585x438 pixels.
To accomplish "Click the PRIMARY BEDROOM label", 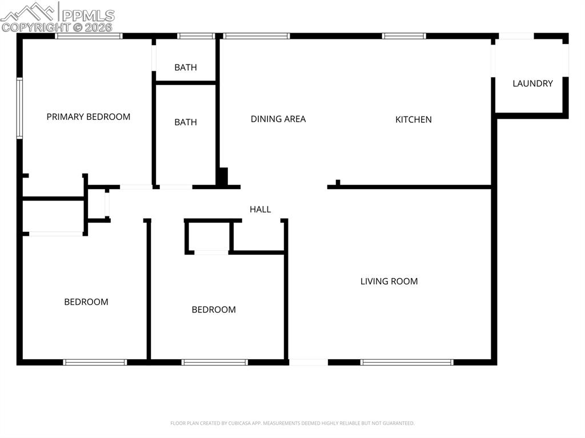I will (89, 116).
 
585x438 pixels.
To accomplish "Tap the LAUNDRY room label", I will (532, 83).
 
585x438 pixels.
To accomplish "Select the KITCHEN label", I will (414, 119).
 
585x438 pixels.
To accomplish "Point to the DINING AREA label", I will (278, 119).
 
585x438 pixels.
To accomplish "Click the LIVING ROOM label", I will (388, 281).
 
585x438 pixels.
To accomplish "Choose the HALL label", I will (260, 210).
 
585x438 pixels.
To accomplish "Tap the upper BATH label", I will (186, 67).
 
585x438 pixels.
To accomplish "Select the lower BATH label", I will (186, 122).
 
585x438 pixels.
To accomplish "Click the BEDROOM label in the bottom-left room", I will (86, 302).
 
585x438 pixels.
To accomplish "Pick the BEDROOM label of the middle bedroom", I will (214, 310).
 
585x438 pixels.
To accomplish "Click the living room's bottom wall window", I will (407, 362).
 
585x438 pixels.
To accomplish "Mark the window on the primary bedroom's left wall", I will (19, 109).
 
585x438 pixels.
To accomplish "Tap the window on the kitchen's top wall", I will (404, 36).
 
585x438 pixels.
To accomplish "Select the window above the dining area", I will (257, 36).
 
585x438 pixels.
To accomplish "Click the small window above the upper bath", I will (196, 36).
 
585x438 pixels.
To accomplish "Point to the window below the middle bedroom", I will (215, 362).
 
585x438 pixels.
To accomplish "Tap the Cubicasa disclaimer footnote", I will (292, 423).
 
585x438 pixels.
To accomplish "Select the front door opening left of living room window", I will (308, 362).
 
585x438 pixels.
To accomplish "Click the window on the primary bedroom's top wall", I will (89, 36).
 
